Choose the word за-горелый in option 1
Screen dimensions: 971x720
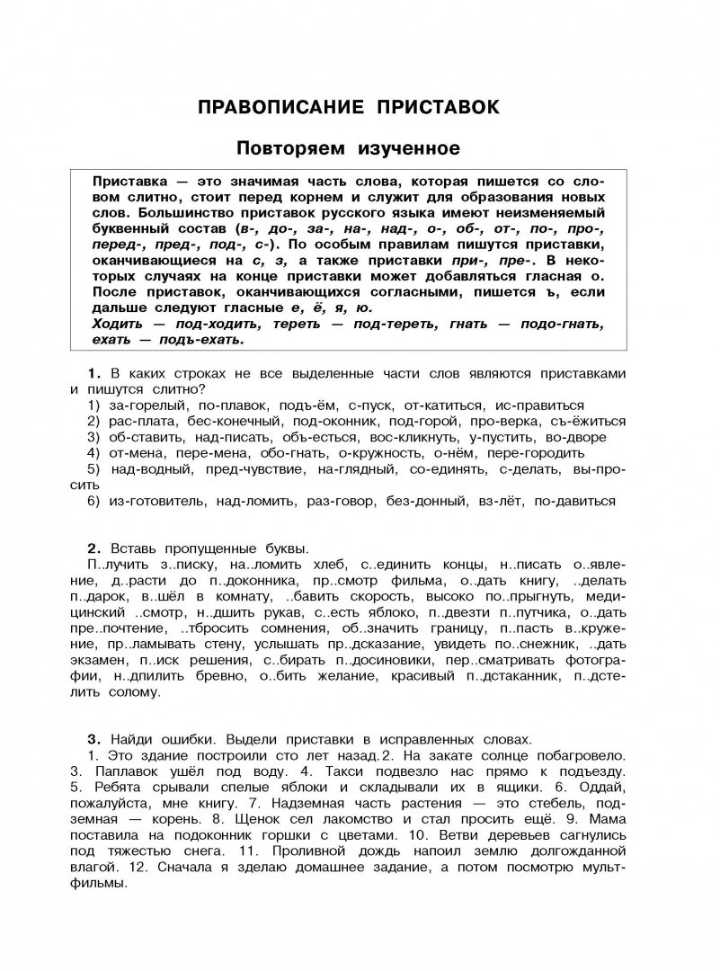[143, 405]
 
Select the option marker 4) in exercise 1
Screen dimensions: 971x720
[94, 453]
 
